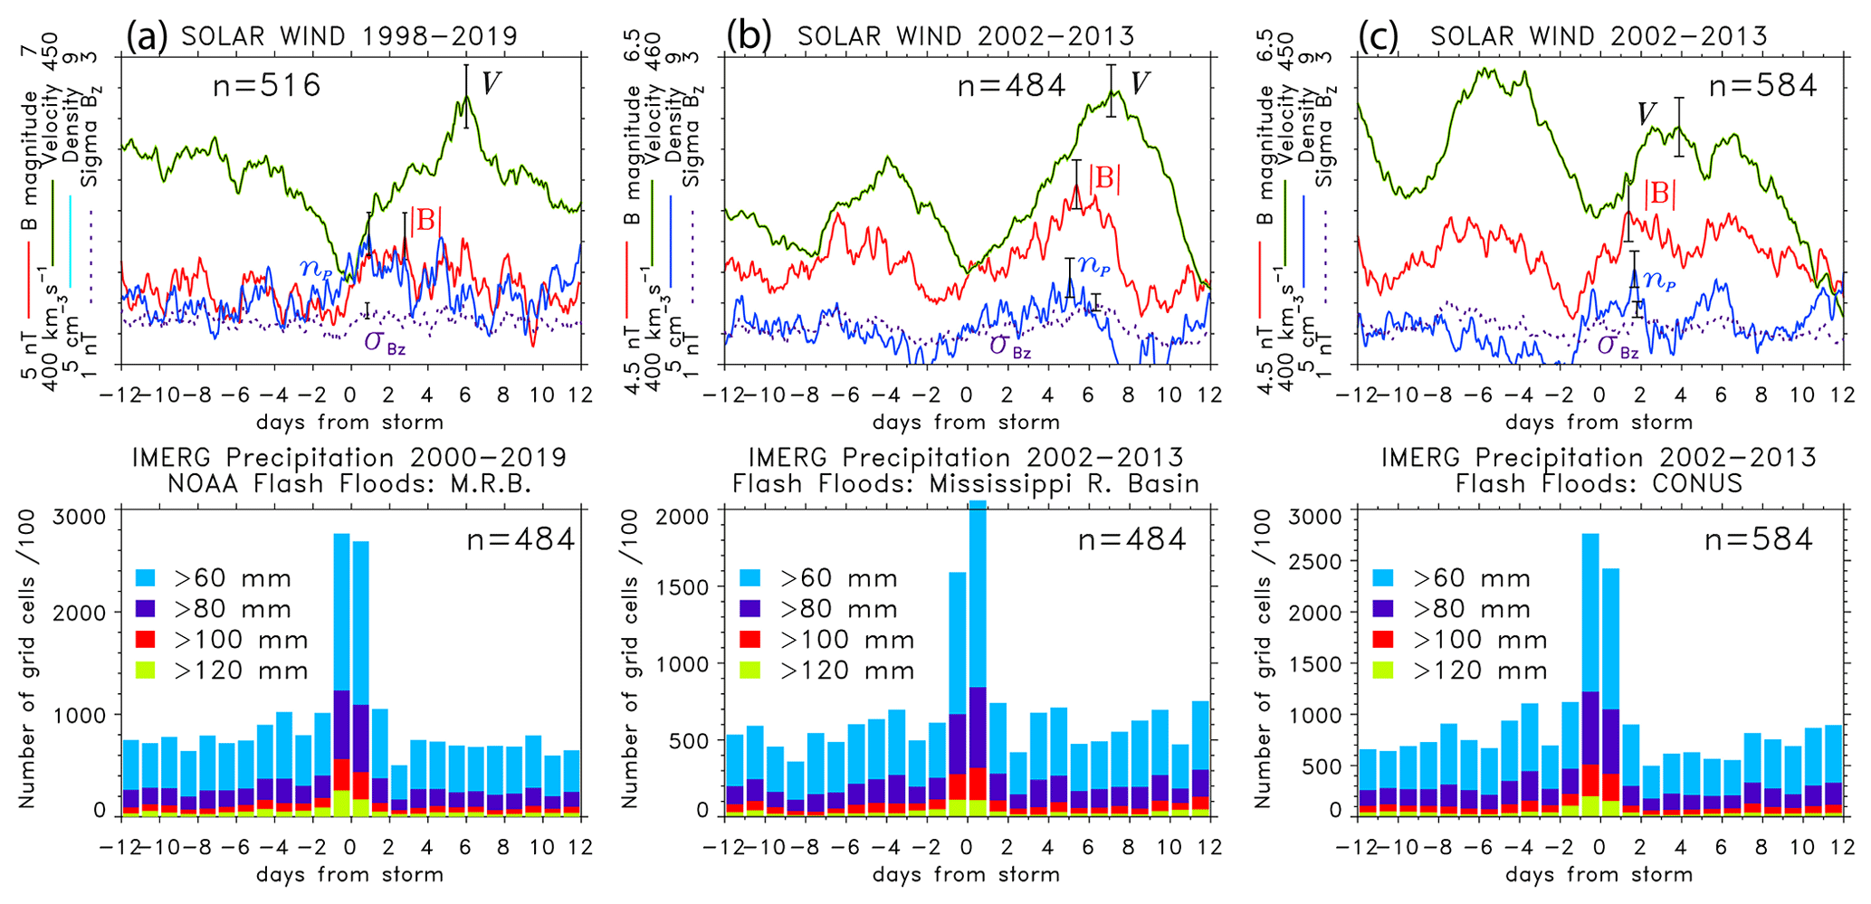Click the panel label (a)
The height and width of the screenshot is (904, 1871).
coord(147,36)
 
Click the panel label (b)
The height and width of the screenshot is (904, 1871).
coord(749,36)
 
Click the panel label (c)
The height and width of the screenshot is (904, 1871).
coord(1379,36)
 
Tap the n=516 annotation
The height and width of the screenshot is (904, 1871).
coord(267,86)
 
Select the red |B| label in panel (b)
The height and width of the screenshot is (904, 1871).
coord(1104,178)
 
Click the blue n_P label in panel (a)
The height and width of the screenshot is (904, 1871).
coord(316,268)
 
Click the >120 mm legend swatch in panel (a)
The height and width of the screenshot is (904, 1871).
coord(147,671)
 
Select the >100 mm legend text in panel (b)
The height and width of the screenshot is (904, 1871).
coord(847,640)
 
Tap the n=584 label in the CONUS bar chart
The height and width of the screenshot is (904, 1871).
coord(1759,540)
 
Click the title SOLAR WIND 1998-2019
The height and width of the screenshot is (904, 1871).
coord(349,36)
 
